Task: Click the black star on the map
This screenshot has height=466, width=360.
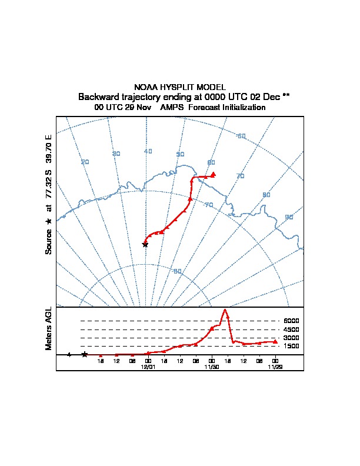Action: tap(145, 244)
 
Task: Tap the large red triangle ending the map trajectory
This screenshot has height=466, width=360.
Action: tap(214, 174)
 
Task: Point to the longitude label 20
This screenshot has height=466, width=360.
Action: tap(85, 162)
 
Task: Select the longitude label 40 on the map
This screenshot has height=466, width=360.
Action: tap(148, 151)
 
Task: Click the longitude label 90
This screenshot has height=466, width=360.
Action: tap(289, 217)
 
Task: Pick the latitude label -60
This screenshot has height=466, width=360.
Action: tap(241, 137)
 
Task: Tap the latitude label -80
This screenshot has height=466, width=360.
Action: tap(177, 271)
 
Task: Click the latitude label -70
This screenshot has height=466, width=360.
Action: tap(208, 205)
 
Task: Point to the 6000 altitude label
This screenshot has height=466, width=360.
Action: tap(291, 321)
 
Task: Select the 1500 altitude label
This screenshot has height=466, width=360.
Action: tap(291, 347)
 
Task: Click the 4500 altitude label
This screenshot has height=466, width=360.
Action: tap(291, 329)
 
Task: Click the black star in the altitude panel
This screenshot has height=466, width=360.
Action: tap(85, 354)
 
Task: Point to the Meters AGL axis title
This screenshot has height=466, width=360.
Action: tap(49, 328)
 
